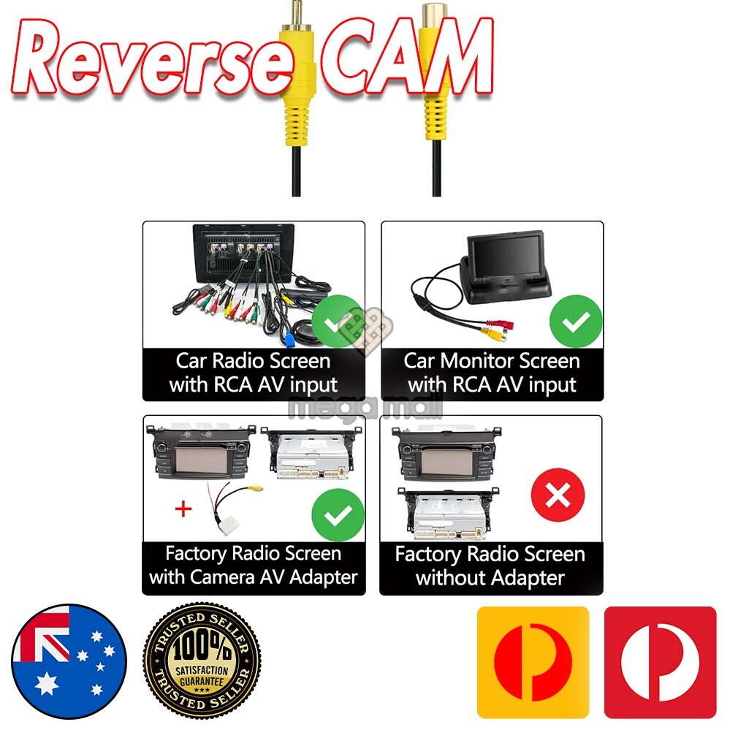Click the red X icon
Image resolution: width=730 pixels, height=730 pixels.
tap(558, 497)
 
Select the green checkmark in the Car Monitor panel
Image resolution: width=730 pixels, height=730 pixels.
tap(576, 319)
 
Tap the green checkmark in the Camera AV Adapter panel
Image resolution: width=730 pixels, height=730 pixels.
tap(337, 514)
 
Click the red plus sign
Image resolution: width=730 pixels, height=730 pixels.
tap(183, 509)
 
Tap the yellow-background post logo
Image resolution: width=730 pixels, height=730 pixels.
tap(533, 661)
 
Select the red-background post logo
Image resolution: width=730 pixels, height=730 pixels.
tap(661, 661)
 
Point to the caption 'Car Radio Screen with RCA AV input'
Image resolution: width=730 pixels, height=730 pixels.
tap(253, 373)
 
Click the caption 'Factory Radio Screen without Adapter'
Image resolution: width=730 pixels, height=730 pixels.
tap(490, 566)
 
